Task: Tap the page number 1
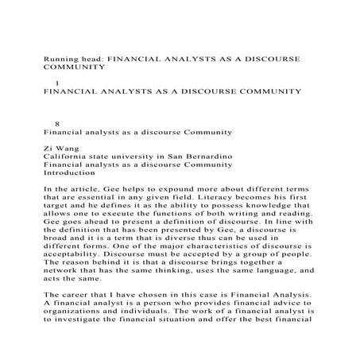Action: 56,83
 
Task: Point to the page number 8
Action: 56,122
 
